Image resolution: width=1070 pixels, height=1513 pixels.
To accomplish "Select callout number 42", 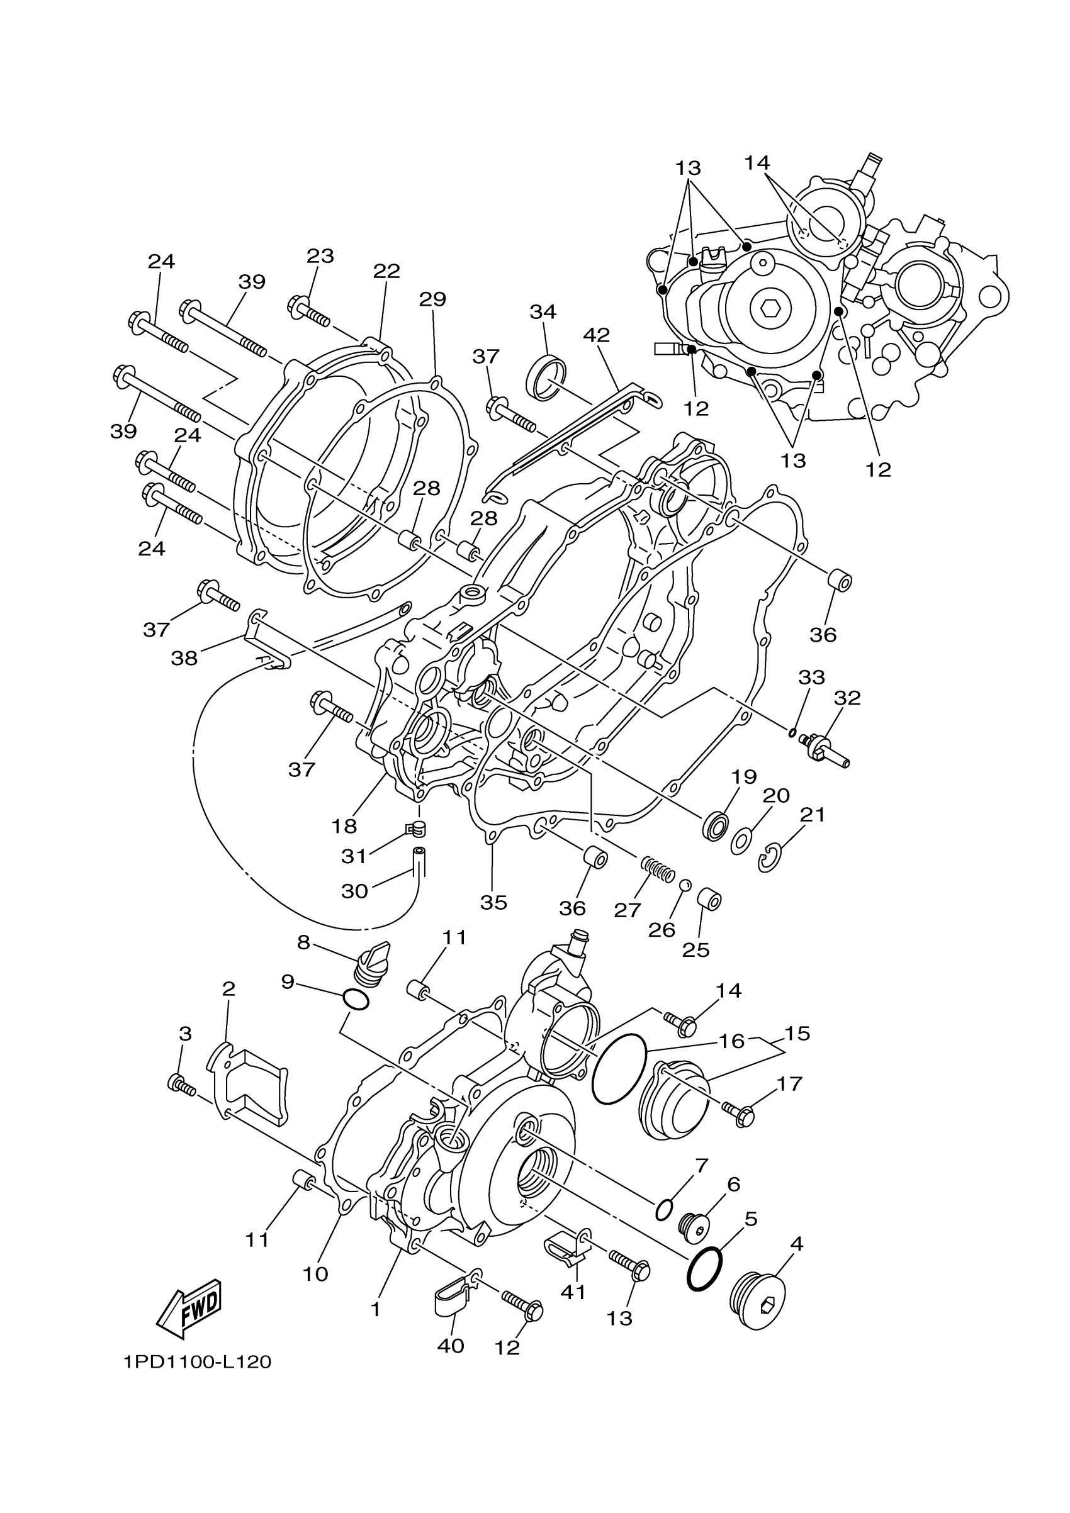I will [597, 335].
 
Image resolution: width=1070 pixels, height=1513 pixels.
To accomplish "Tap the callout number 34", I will [543, 311].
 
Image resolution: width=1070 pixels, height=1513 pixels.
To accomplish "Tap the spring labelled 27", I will [656, 869].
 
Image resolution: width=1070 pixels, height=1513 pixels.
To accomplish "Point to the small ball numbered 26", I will [685, 885].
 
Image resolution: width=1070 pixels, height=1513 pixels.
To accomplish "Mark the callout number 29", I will [432, 300].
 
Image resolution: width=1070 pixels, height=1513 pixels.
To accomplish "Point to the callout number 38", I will [184, 657].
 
